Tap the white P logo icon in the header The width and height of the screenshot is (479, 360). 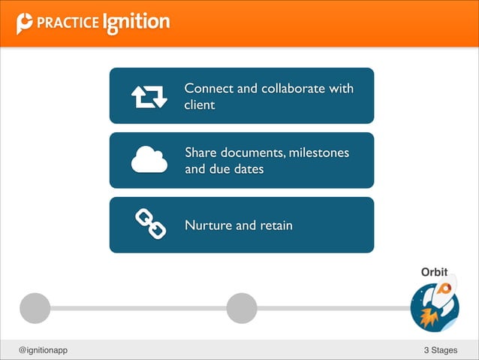pos(26,23)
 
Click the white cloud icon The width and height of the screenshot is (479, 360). pos(149,160)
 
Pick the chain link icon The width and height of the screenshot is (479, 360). pos(149,225)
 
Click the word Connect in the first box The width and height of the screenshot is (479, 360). pos(209,89)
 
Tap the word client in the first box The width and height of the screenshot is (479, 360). pos(200,105)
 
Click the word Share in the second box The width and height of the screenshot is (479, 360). pos(201,153)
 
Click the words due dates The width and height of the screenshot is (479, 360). pos(236,170)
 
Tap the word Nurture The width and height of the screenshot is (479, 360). pos(209,225)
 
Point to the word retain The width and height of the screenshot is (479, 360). pos(276,225)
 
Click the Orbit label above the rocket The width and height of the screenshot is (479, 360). pos(435,271)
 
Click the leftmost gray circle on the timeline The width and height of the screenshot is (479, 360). pos(35,307)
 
